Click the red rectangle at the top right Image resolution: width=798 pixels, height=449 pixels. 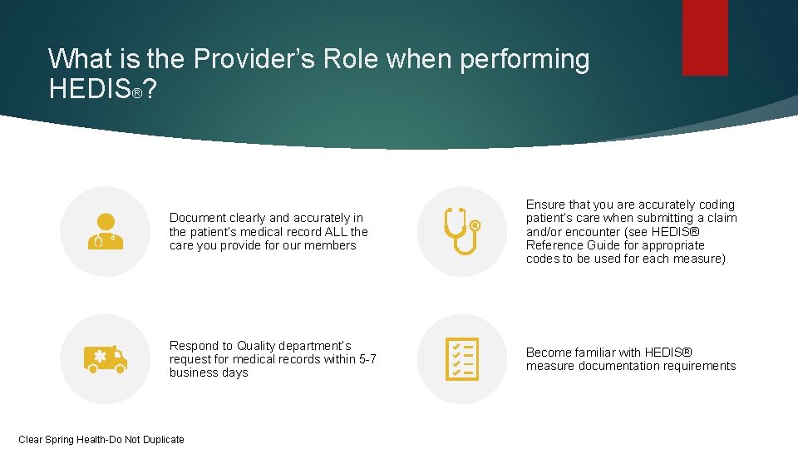pyautogui.click(x=705, y=37)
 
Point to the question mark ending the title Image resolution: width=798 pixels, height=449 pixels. pyautogui.click(x=150, y=89)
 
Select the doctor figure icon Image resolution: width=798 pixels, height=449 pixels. pyautogui.click(x=106, y=231)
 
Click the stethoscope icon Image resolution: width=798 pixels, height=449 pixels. pyautogui.click(x=461, y=231)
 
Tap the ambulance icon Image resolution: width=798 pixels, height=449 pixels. pyautogui.click(x=106, y=358)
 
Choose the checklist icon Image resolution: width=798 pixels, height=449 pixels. pyautogui.click(x=461, y=358)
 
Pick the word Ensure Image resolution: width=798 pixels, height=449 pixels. pyautogui.click(x=545, y=205)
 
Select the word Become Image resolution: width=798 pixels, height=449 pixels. pyautogui.click(x=549, y=353)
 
